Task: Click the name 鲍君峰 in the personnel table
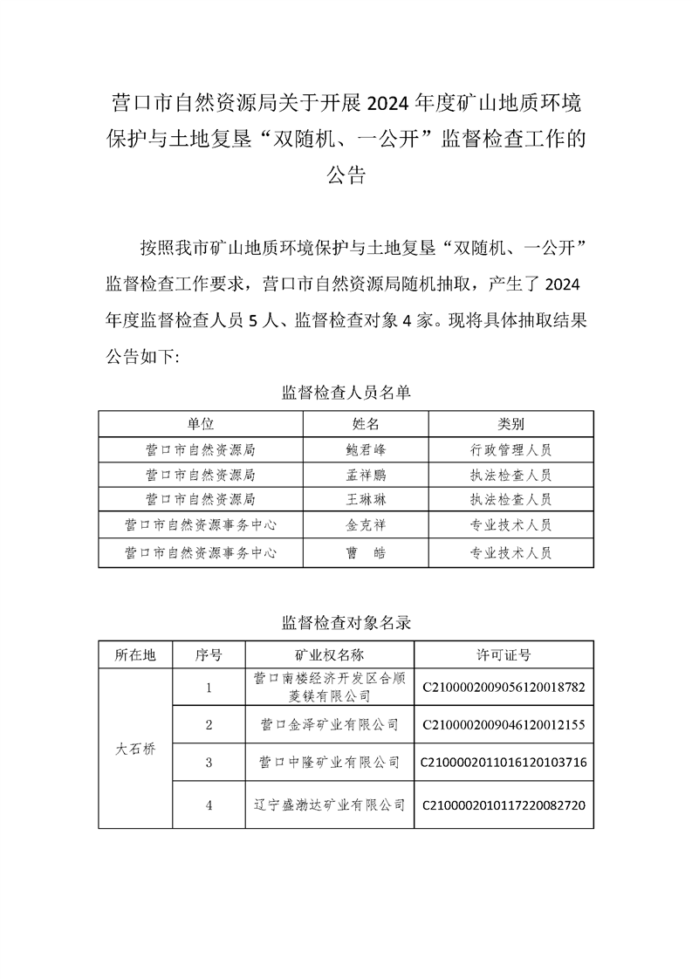tap(366, 450)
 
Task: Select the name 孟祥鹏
tap(366, 476)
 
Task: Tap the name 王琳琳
tap(366, 501)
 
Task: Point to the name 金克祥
tap(366, 526)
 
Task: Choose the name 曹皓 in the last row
tap(366, 552)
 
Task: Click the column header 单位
tap(200, 425)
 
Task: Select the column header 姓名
tap(366, 425)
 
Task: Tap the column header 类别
tap(510, 425)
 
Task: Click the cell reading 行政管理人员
tap(510, 450)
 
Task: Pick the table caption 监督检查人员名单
tap(346, 393)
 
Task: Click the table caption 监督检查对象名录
tap(346, 623)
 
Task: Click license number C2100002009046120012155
tap(504, 724)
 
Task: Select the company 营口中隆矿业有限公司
tap(329, 763)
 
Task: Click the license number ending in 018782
tap(504, 687)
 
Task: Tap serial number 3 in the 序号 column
tap(209, 763)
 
